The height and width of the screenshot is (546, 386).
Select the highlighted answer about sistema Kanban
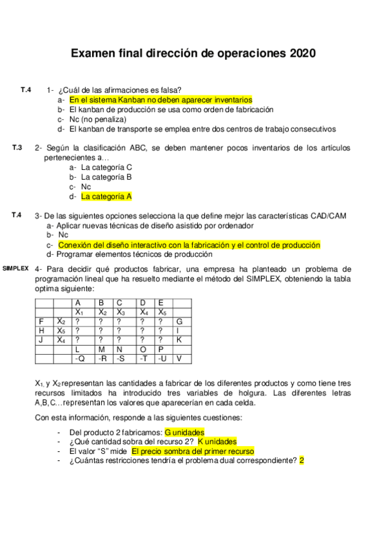point(160,100)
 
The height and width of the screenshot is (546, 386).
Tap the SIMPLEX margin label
point(15,267)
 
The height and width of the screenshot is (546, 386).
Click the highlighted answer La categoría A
point(106,196)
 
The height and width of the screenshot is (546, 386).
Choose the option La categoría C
point(107,167)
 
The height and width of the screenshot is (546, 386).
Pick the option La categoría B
point(106,176)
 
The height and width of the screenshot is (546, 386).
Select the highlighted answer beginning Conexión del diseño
point(189,245)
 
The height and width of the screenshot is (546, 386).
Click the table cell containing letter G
point(179,321)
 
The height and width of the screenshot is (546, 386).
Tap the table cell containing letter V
point(179,358)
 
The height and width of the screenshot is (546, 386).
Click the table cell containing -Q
point(79,358)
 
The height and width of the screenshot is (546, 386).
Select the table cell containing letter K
point(179,339)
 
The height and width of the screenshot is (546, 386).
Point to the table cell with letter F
point(42,321)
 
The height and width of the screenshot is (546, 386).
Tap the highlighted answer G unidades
point(184,432)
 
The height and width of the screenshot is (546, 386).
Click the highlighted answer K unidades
point(217,442)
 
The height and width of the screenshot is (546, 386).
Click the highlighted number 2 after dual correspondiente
point(301,461)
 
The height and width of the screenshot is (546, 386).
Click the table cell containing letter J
point(42,339)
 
